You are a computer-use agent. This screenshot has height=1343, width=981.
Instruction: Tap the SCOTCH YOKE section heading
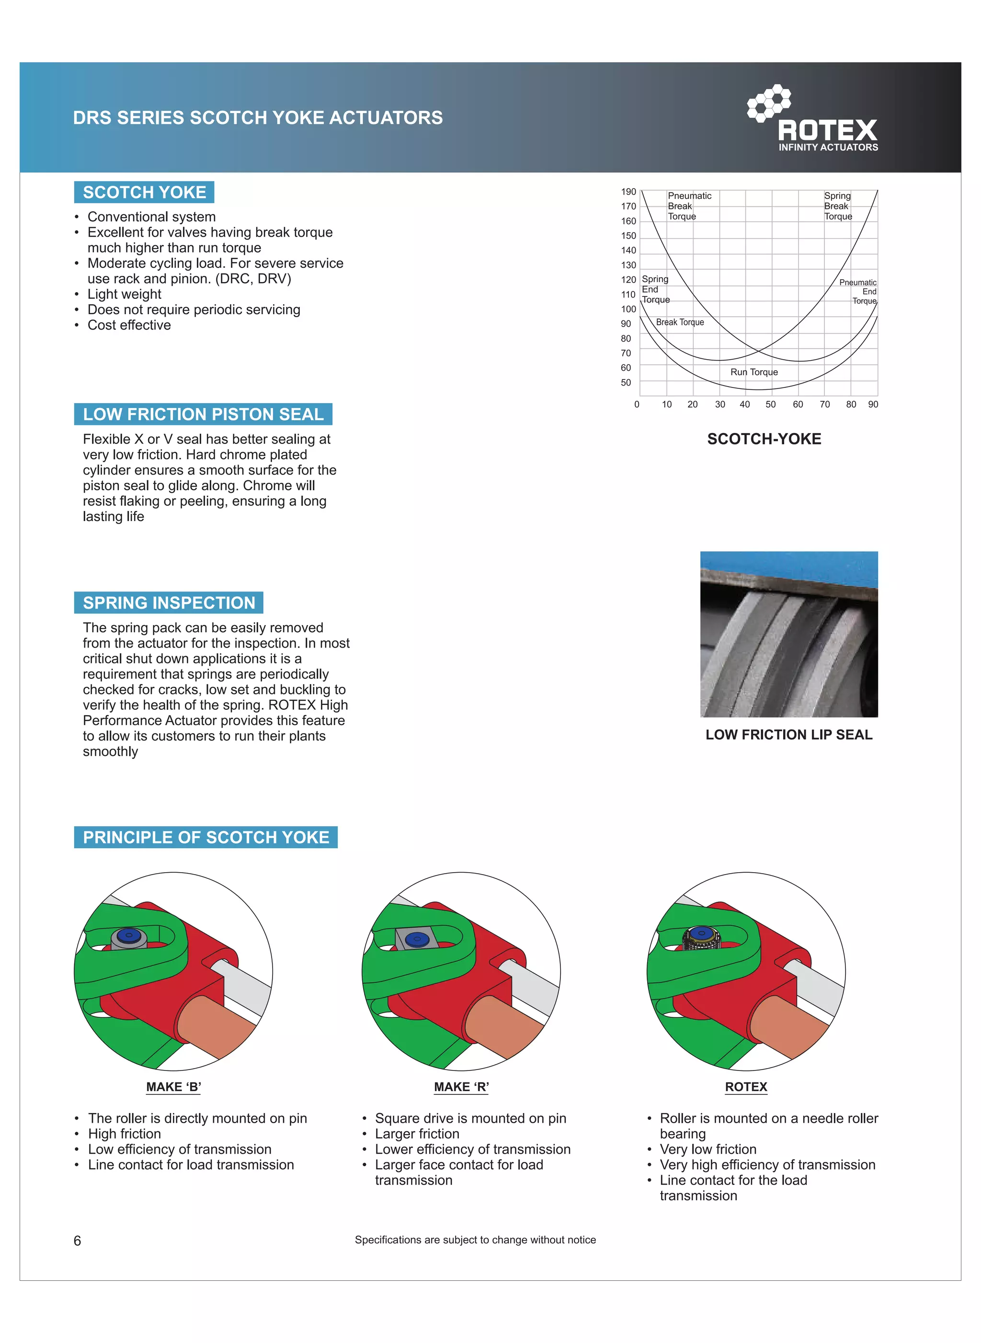[x=144, y=193]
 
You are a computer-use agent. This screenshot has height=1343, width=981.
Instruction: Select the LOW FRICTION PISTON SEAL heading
[x=203, y=414]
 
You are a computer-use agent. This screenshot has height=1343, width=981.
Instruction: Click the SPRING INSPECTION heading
[x=169, y=603]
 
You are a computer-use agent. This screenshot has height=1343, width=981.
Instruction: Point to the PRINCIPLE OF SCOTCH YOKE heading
[x=205, y=837]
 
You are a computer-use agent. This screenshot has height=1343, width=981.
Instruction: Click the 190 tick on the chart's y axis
[x=628, y=192]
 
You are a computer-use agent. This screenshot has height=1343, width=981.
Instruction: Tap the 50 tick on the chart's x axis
[x=770, y=404]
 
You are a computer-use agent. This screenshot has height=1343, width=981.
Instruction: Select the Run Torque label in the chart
[x=753, y=372]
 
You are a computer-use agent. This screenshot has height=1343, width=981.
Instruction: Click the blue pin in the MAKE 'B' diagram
[x=129, y=936]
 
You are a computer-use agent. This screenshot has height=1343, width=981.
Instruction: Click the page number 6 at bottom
[x=77, y=1241]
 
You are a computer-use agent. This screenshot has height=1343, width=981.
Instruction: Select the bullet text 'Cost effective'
[x=129, y=325]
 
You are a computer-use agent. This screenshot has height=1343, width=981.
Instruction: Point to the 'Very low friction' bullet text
[x=708, y=1149]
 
